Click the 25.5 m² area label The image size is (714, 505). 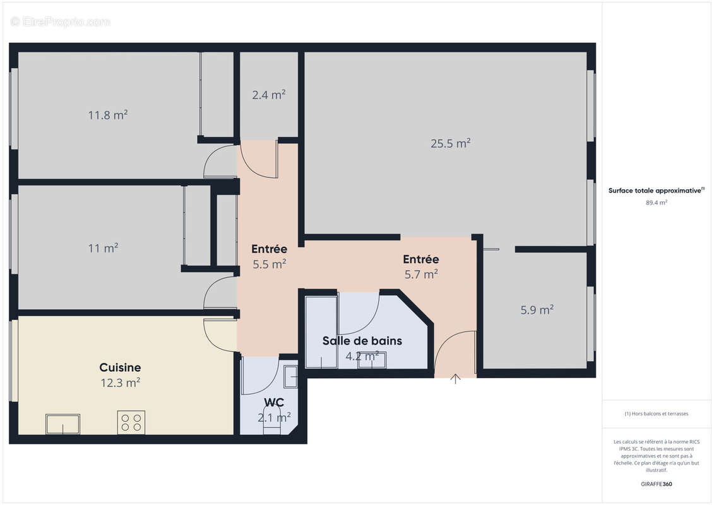(451, 143)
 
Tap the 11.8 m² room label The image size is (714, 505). (108, 115)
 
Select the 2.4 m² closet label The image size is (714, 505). (269, 95)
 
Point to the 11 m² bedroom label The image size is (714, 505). (103, 248)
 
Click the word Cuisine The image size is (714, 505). (120, 367)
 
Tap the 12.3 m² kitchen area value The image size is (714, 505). (120, 382)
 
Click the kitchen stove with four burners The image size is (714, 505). (131, 422)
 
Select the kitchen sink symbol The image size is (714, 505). (62, 424)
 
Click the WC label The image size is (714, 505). (274, 402)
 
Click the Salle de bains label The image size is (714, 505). (362, 341)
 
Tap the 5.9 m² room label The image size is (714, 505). (537, 309)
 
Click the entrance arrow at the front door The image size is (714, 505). (456, 378)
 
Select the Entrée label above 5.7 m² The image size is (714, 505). (421, 259)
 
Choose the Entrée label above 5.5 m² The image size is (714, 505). (270, 249)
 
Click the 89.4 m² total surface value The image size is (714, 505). (657, 203)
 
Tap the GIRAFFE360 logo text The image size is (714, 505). (657, 484)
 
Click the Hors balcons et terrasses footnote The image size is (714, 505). (657, 413)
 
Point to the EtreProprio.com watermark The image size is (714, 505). (61, 21)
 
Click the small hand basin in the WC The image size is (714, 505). (291, 376)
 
